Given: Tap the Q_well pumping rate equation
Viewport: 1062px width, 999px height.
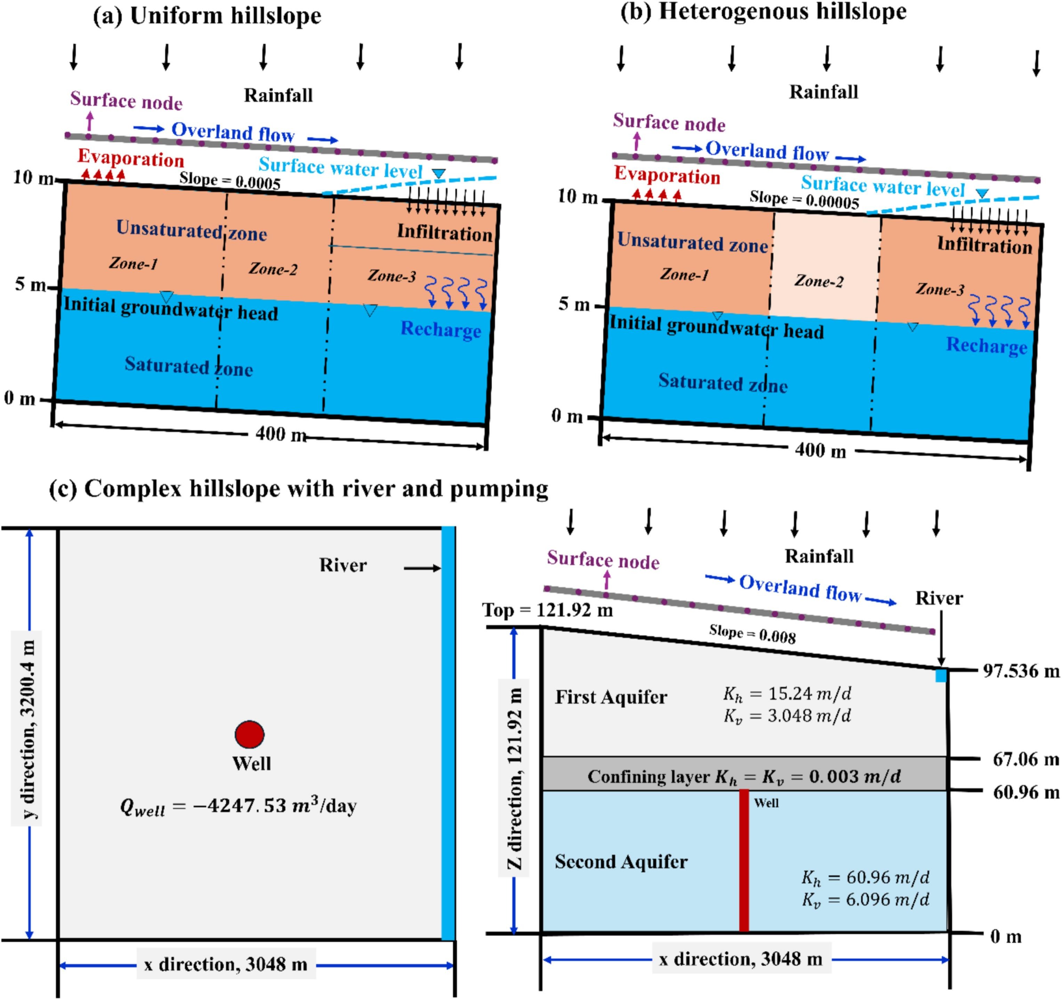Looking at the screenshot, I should (x=238, y=806).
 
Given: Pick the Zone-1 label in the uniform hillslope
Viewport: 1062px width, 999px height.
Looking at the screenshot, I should (x=133, y=263).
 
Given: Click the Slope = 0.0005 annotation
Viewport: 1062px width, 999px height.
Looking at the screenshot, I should (x=230, y=181).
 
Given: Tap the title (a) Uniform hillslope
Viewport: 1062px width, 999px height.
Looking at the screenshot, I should (x=207, y=16).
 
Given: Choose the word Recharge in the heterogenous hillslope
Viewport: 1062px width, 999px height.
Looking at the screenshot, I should (x=986, y=346).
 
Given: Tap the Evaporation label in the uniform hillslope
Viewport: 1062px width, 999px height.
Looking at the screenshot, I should (x=131, y=158).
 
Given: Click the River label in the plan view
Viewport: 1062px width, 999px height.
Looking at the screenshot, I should (x=343, y=565).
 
